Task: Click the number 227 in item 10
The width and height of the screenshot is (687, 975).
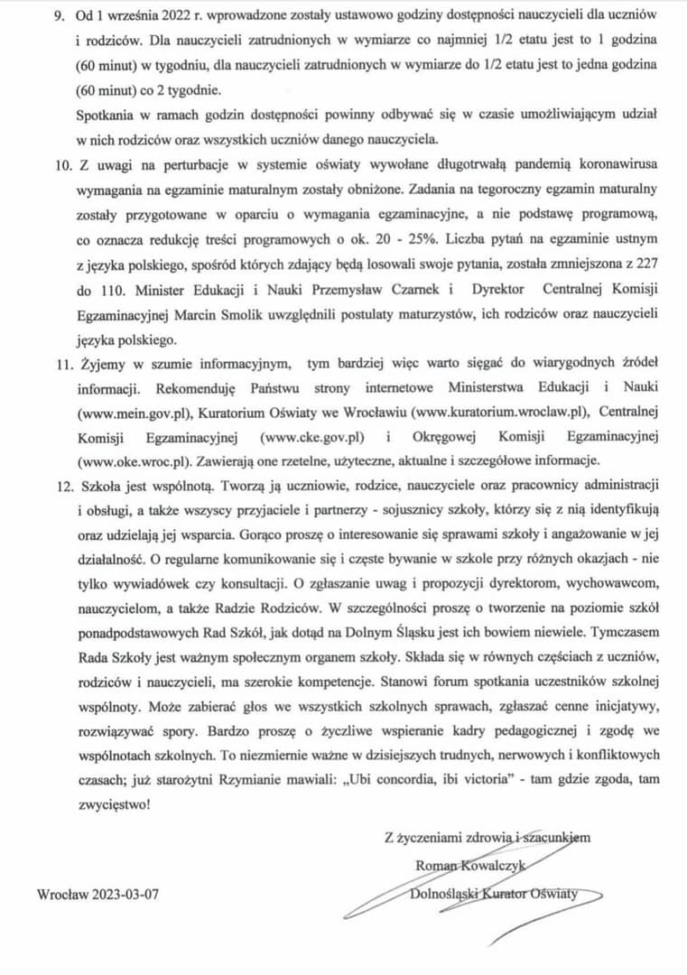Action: click(645, 265)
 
